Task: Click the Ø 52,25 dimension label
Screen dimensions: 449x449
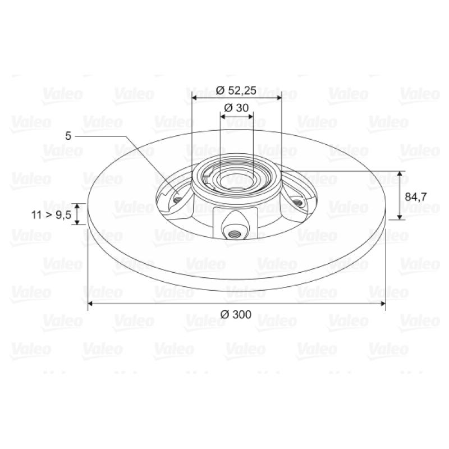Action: tap(236, 90)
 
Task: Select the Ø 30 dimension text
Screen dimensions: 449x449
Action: tap(236, 108)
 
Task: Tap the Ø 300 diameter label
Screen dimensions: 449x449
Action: tap(236, 314)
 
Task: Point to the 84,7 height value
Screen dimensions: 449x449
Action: tap(416, 197)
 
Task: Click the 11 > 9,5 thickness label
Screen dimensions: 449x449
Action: tap(51, 215)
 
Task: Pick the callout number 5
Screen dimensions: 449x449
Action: tap(68, 136)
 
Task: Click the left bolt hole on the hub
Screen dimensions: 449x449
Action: tap(177, 200)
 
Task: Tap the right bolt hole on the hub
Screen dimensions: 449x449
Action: tap(298, 203)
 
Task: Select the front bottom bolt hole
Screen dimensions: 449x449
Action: tap(234, 235)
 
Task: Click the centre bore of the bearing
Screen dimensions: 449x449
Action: tap(236, 181)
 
